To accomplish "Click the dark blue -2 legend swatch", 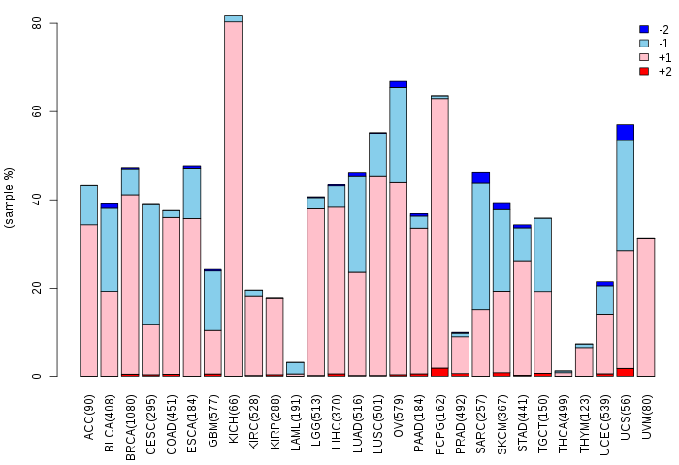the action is [x=644, y=29].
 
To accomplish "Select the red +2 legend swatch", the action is [x=644, y=71].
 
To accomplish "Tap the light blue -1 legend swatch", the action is [x=644, y=44].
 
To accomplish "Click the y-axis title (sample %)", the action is [x=9, y=198].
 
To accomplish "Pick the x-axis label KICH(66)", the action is [x=234, y=418].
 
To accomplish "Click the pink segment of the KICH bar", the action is [x=234, y=199].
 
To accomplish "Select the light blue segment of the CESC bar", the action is [x=150, y=264].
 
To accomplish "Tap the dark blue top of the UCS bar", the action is [x=626, y=133].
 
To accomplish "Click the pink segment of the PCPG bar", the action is [x=439, y=233].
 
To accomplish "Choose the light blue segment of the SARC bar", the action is [x=481, y=247].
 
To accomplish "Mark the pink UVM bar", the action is [x=646, y=307].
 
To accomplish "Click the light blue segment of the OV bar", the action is [x=399, y=135].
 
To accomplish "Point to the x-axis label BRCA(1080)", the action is [x=130, y=427].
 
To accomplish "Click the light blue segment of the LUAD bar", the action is [x=357, y=225].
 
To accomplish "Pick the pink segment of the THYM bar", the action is [x=584, y=362].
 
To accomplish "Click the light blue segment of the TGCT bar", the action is [x=542, y=255].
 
